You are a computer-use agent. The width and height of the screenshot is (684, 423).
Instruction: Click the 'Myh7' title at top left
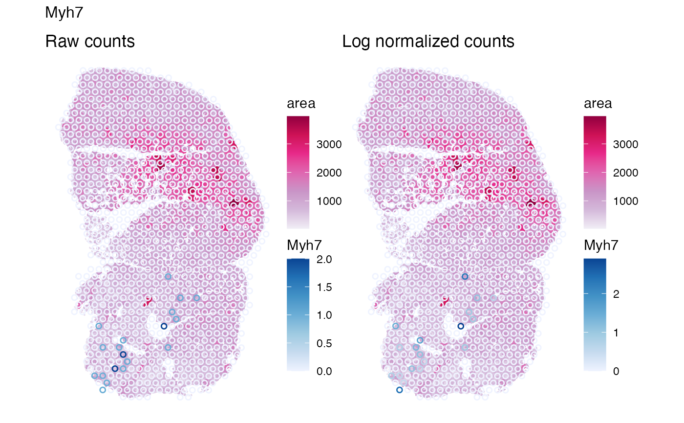point(64,13)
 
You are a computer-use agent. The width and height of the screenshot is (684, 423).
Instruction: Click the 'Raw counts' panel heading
point(90,42)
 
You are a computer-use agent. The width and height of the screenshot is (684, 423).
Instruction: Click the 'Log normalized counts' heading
point(428,42)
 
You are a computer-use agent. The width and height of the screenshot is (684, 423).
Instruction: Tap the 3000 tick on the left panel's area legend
point(328,145)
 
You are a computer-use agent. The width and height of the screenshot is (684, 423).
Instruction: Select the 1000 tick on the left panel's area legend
point(328,201)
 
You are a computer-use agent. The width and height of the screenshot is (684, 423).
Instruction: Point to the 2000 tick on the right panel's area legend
point(625,173)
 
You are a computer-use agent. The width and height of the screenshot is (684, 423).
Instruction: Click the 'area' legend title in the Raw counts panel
point(301,104)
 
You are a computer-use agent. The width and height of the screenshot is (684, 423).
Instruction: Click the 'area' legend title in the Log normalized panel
point(598,104)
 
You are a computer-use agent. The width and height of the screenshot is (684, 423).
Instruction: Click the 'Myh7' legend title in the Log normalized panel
point(601,246)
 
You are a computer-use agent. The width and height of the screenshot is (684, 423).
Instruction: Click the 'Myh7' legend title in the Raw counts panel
point(304,246)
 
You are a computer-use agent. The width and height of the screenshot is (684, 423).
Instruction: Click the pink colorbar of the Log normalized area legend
point(595,172)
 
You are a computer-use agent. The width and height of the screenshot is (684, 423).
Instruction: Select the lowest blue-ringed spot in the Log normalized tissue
point(400,390)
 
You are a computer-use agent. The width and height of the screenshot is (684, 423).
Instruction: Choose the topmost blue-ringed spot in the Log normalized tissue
point(465,277)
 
